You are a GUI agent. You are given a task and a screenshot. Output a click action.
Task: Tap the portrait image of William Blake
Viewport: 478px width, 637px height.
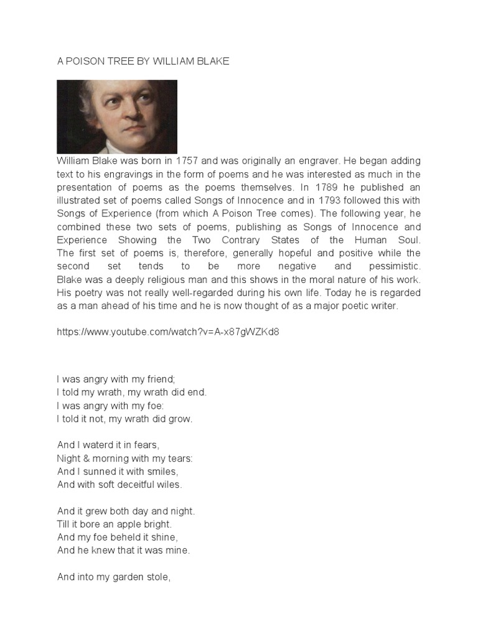tap(117, 116)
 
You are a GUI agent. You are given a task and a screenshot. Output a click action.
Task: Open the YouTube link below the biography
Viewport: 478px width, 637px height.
tap(168, 332)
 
